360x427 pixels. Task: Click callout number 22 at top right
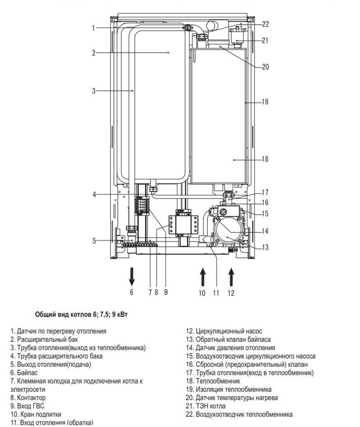pyautogui.click(x=265, y=24)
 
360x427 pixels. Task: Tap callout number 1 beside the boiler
pyautogui.click(x=94, y=28)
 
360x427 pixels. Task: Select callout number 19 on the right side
pyautogui.click(x=265, y=102)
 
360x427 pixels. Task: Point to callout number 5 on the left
pyautogui.click(x=94, y=241)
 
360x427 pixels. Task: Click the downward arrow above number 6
pyautogui.click(x=132, y=276)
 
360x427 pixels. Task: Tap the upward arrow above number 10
pyautogui.click(x=202, y=277)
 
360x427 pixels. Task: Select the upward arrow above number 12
pyautogui.click(x=231, y=277)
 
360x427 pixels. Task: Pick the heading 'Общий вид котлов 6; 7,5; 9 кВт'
pyautogui.click(x=81, y=315)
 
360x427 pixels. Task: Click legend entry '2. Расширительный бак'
pyautogui.click(x=44, y=340)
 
